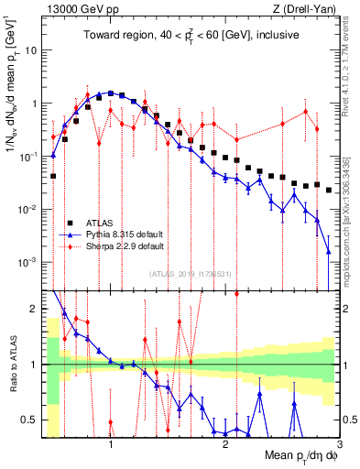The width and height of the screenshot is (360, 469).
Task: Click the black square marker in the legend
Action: [68, 223]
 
